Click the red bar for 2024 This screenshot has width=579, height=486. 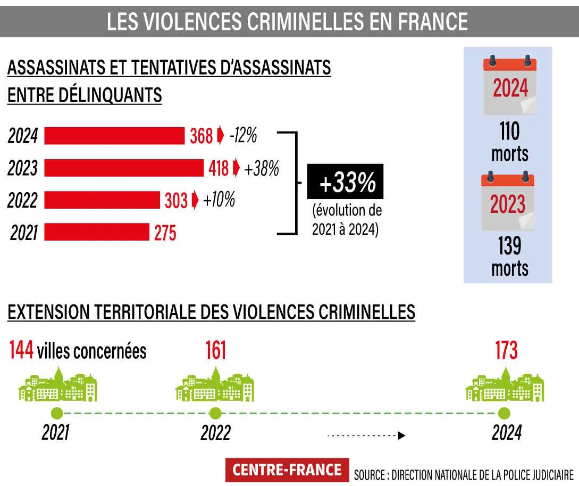(114, 136)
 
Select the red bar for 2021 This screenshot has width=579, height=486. (97, 233)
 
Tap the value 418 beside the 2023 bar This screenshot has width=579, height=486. (219, 168)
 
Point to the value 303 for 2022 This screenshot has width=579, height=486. (175, 201)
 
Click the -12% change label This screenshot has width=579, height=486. (243, 136)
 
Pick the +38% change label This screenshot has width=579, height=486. (261, 168)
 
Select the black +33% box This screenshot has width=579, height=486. (345, 183)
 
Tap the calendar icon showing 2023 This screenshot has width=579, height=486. (508, 202)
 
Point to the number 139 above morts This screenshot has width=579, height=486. (509, 246)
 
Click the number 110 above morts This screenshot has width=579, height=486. (509, 131)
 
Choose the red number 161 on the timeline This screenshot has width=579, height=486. (216, 351)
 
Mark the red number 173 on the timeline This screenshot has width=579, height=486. (506, 351)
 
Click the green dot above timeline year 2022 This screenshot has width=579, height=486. (215, 413)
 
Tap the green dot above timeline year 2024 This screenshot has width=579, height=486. (505, 413)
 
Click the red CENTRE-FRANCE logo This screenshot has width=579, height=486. (287, 469)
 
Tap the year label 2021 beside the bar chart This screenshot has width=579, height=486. (24, 233)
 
